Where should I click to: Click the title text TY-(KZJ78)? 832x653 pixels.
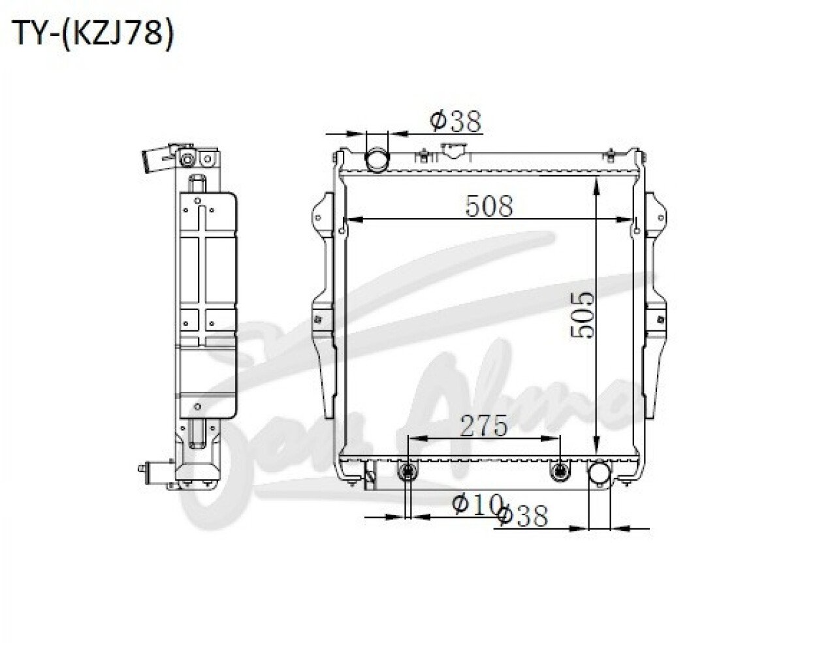[x=93, y=34]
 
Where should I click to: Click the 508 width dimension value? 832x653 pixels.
[x=489, y=206]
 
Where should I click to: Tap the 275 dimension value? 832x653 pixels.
[x=483, y=425]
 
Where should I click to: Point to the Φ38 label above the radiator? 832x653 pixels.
[x=455, y=121]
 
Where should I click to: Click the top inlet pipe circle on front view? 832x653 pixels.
[x=377, y=161]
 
